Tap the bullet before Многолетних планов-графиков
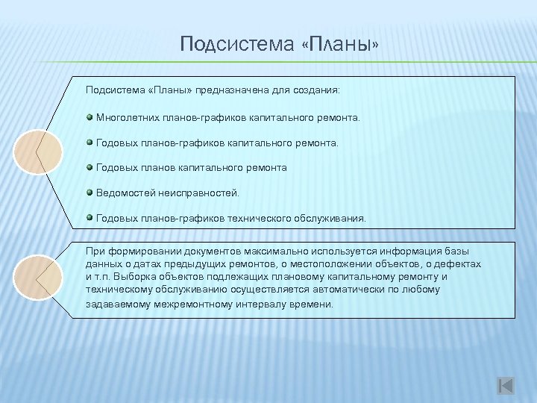coord(89,117)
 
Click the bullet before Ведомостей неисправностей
coord(89,193)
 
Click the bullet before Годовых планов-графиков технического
coord(89,218)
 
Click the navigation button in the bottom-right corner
coord(505,386)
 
